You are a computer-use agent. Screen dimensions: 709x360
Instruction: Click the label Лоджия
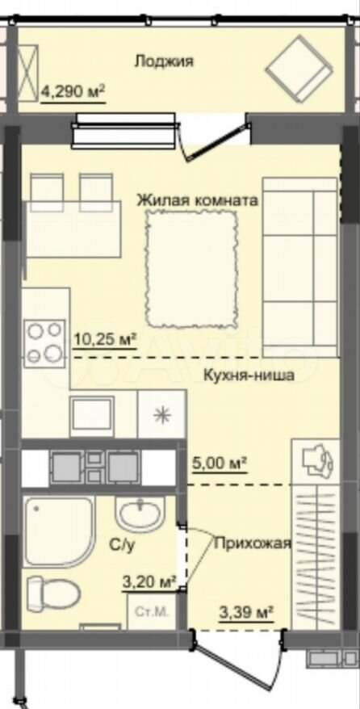164,61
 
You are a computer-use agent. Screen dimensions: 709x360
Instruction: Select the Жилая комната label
197,199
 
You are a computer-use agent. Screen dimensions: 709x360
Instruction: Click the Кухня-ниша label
248,375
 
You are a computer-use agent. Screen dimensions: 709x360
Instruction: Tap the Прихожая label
251,543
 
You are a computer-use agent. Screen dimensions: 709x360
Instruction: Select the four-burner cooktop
44,342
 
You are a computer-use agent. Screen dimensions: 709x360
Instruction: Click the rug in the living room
192,266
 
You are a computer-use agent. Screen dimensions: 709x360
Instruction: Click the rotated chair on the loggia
298,65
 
